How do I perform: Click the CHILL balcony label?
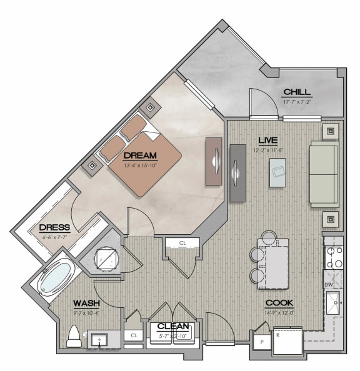tap(297, 92)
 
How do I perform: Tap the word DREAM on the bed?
tap(140, 156)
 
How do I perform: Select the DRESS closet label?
tap(54, 227)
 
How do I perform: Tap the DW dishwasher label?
tap(329, 285)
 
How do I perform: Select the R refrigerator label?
tap(277, 335)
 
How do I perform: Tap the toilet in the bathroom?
tap(72, 337)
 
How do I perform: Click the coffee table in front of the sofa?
tap(278, 172)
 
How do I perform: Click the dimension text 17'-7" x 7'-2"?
tap(297, 101)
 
